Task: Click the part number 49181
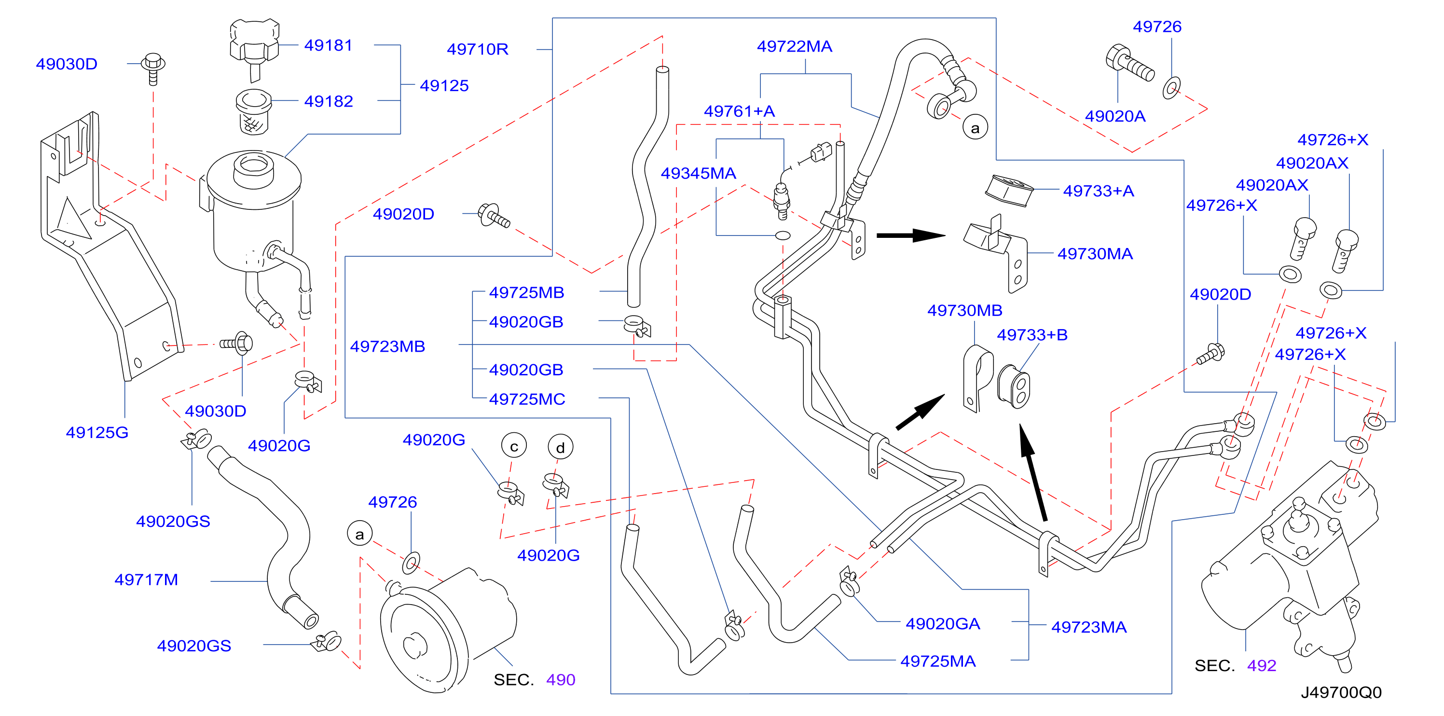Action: coord(329,45)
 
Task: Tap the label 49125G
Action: coord(97,432)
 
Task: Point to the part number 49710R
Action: coord(478,49)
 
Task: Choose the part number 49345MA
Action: coord(699,173)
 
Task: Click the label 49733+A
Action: coord(1099,191)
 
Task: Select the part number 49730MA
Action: coord(1095,253)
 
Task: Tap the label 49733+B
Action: coord(1032,335)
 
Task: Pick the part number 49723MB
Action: coord(388,346)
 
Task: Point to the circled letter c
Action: coord(514,446)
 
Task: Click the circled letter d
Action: coord(561,447)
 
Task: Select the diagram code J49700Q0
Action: coord(1341,692)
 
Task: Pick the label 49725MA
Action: coord(938,661)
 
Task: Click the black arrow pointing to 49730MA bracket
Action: coord(911,235)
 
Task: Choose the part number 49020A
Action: coord(1115,116)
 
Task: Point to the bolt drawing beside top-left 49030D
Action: coord(152,69)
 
